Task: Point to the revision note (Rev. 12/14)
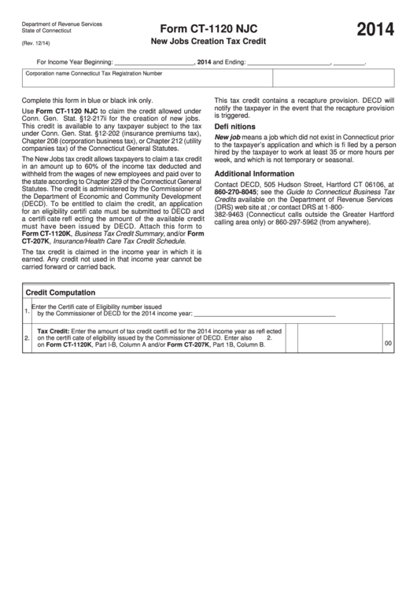pyautogui.click(x=37, y=44)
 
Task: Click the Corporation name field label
pyautogui.click(x=52, y=73)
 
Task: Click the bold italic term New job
pyautogui.click(x=227, y=137)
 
